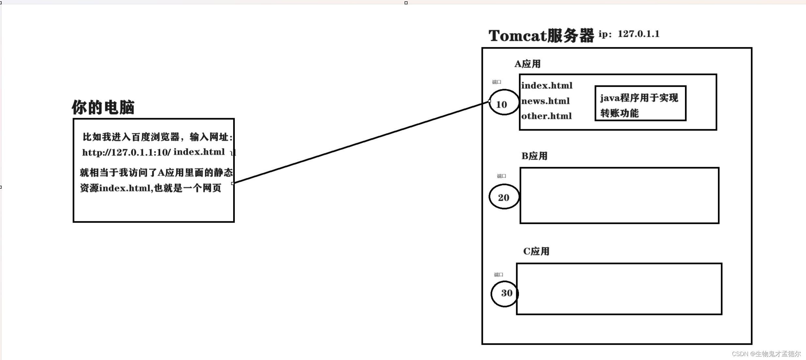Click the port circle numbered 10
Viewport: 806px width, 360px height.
(503, 102)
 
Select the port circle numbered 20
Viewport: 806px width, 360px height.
(504, 197)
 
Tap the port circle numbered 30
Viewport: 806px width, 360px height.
(505, 293)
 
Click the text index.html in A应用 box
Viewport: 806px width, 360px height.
(546, 86)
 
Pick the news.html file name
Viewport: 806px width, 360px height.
(545, 101)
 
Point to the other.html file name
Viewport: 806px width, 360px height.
(546, 116)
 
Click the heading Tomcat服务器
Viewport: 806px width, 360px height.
(541, 35)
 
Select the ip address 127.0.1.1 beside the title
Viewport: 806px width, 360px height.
(638, 34)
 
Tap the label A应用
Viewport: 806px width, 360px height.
(527, 64)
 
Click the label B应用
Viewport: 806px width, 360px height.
(534, 156)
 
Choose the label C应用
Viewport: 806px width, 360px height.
(536, 251)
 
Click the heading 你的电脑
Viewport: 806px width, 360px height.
(103, 107)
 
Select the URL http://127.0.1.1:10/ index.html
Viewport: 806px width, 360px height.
(153, 152)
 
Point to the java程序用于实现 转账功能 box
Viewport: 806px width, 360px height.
(640, 103)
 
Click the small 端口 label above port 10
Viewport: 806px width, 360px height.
(496, 82)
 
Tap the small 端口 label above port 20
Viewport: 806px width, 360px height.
(501, 176)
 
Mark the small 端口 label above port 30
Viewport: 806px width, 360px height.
(498, 275)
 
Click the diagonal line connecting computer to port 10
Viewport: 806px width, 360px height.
(361, 142)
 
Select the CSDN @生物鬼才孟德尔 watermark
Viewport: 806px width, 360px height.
(766, 354)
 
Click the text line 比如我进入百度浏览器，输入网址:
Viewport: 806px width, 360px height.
(157, 137)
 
